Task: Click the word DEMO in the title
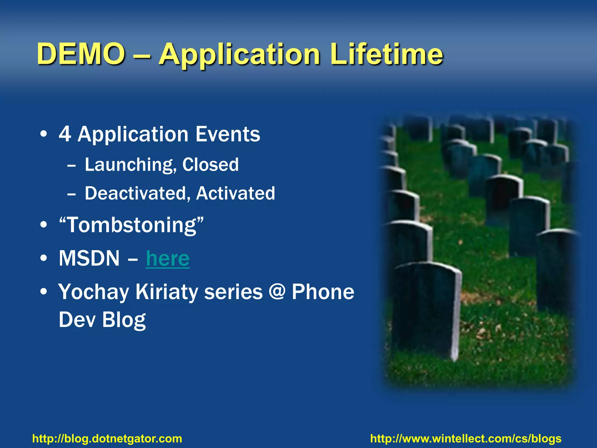point(81,54)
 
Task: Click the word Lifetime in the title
point(387,54)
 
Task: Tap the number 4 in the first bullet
point(65,134)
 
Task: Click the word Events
point(228,134)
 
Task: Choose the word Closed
point(210,164)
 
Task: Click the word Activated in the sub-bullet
point(236,193)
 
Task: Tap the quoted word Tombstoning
point(131,225)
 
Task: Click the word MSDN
point(89,258)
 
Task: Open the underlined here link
point(168,258)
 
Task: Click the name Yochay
point(94,292)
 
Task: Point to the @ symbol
point(277,292)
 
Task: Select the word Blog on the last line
point(124,320)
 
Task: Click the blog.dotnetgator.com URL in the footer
point(107,439)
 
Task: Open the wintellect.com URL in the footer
point(466,439)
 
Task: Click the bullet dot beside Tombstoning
point(44,225)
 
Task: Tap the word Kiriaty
point(166,292)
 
